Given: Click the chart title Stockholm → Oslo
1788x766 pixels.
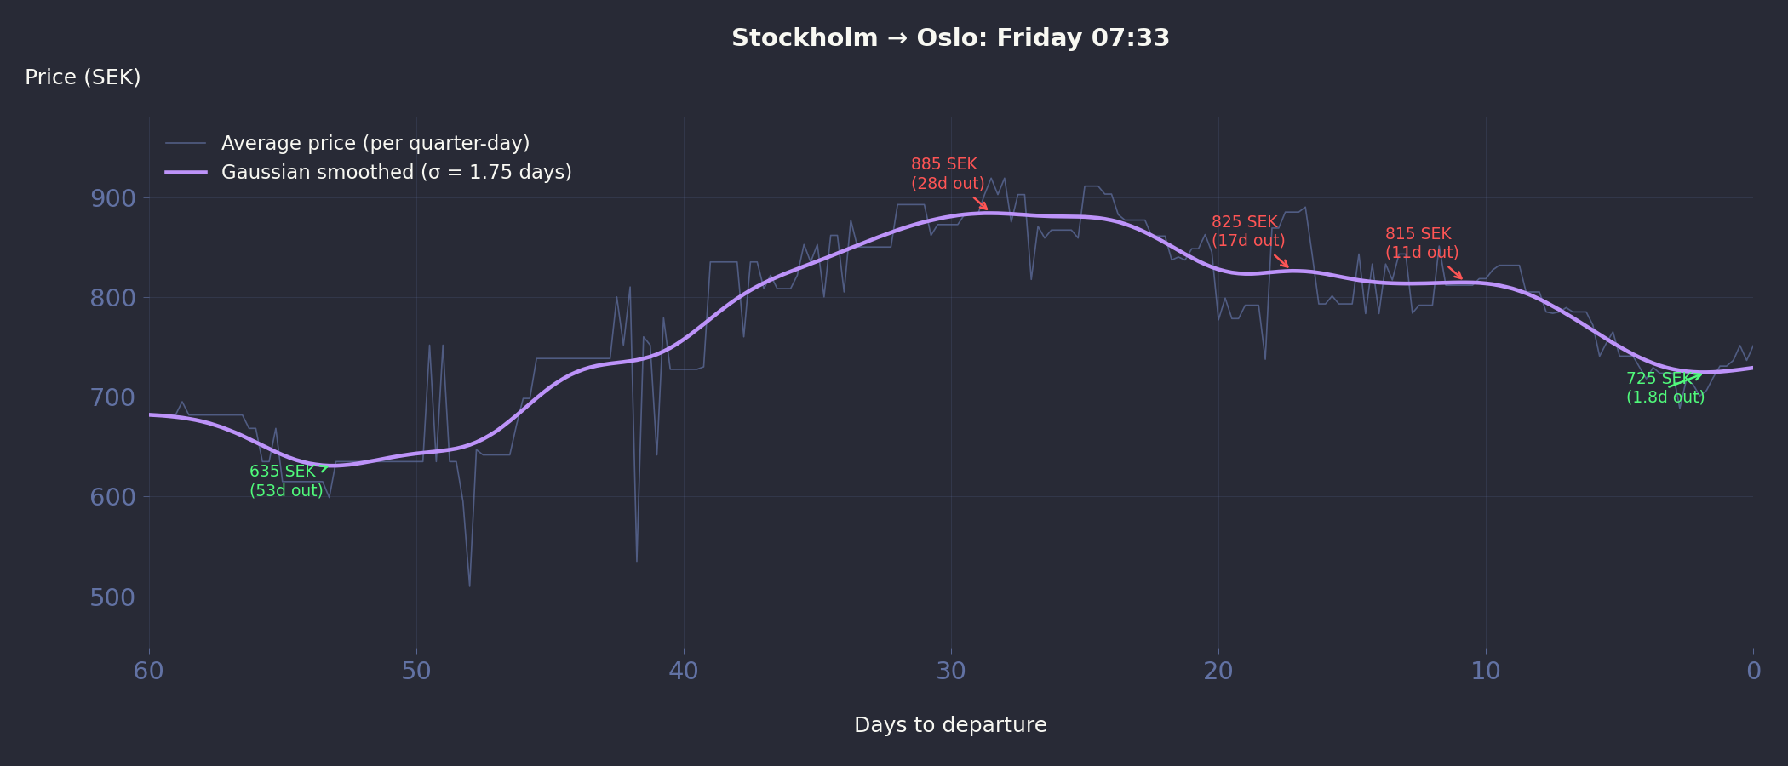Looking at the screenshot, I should [950, 38].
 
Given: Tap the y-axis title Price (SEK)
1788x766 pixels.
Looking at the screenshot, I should [83, 77].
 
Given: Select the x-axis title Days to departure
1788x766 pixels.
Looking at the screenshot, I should [950, 725].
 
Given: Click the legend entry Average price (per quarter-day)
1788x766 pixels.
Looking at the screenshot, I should [375, 143].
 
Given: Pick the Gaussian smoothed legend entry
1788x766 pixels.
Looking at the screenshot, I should [396, 172].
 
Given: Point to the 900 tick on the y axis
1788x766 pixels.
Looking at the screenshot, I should [112, 198].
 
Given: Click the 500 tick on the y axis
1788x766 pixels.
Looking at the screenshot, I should [112, 597].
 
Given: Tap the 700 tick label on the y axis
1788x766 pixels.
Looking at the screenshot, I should [112, 397].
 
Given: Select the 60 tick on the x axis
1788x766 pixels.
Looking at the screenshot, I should [149, 671].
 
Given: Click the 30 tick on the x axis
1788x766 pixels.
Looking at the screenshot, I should [951, 671].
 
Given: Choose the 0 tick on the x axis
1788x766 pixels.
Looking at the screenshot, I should [1753, 671].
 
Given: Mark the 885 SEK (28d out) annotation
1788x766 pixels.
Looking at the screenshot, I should [947, 174].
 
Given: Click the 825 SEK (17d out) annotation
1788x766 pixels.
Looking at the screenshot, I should [1247, 232].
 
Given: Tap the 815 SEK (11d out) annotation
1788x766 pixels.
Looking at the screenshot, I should [1421, 243].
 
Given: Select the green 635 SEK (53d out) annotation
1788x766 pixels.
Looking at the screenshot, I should [285, 481].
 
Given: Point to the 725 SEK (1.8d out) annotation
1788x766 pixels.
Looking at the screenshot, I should [1665, 388].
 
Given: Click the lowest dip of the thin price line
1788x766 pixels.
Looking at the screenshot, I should [469, 586].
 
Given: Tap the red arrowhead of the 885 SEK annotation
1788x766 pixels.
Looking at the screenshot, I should [987, 209].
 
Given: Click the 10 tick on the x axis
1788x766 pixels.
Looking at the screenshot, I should [1486, 671].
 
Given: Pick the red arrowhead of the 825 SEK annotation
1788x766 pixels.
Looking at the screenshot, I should [1288, 267].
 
